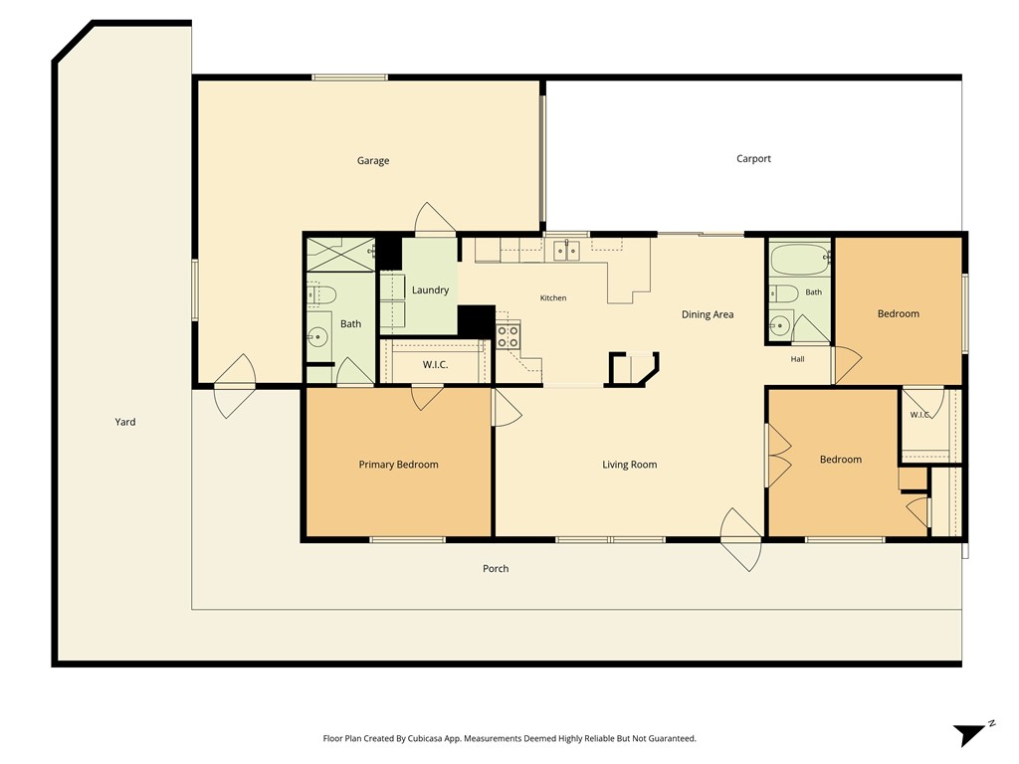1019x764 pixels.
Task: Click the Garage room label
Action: (x=373, y=160)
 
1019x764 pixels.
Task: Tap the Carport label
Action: (x=753, y=158)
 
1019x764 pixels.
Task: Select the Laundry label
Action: (x=430, y=289)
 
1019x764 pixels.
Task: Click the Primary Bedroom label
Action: (x=398, y=464)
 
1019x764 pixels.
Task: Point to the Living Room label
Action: (x=629, y=464)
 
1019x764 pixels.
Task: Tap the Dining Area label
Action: (x=708, y=314)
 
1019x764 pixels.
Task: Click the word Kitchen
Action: (x=553, y=297)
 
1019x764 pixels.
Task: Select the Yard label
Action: (x=125, y=422)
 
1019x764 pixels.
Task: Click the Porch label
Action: (x=496, y=568)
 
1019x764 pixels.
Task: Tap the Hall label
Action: (x=797, y=358)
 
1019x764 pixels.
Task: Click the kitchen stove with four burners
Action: (x=509, y=336)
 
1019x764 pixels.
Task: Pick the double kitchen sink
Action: (x=566, y=250)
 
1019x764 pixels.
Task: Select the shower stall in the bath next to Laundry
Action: (x=340, y=255)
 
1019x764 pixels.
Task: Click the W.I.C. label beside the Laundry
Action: (x=435, y=364)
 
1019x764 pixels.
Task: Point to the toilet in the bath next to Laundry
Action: (x=321, y=294)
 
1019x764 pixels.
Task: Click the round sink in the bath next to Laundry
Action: (x=319, y=336)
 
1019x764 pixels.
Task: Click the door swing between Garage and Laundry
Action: (x=434, y=218)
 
